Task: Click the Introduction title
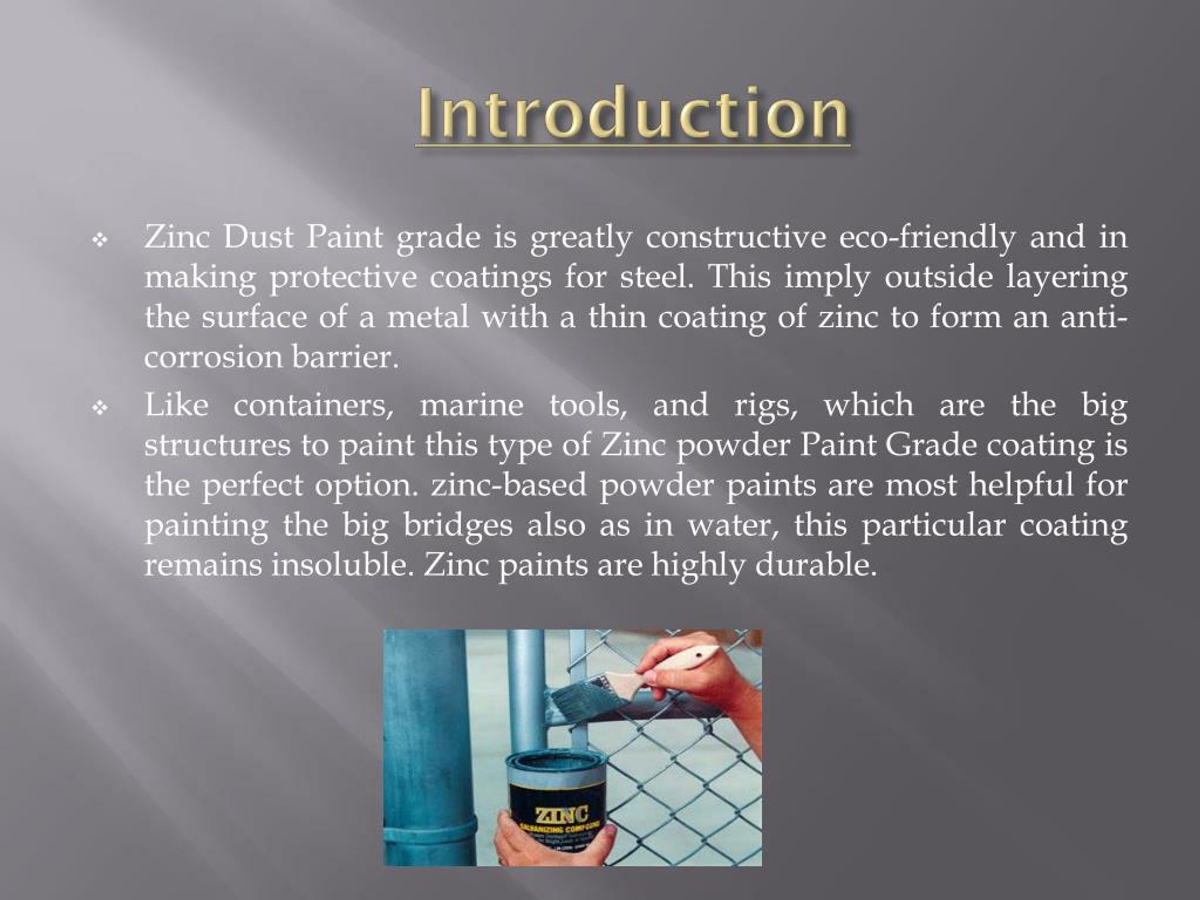click(x=632, y=114)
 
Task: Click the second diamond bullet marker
click(x=100, y=407)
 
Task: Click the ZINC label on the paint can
click(x=562, y=814)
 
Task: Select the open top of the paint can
click(x=555, y=766)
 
